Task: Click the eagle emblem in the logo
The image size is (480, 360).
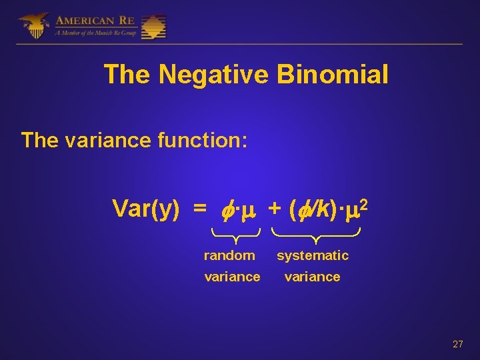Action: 34,25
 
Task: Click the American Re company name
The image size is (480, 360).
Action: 96,20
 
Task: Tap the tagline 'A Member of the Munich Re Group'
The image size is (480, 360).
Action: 97,33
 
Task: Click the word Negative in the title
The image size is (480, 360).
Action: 213,75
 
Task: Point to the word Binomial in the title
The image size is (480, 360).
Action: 332,75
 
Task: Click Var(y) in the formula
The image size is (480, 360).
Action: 145,209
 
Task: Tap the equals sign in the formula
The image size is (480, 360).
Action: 199,209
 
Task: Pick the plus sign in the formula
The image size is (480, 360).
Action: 274,209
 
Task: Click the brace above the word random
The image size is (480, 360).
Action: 235,233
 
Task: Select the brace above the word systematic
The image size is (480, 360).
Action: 316,233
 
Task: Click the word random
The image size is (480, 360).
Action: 229,255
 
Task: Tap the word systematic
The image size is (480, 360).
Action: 313,255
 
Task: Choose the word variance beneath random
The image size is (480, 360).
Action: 232,277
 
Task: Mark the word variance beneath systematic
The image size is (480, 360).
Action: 312,277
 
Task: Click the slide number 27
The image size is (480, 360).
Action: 457,344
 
